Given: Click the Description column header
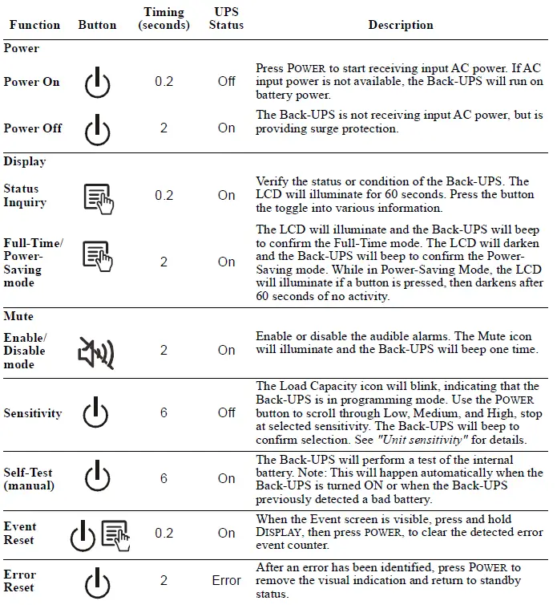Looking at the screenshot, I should (401, 25).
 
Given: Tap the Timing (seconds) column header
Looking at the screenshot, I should (163, 18).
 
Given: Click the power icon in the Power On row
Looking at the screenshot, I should (97, 82).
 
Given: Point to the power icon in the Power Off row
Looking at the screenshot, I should (97, 128).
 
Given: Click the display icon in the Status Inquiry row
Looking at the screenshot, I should (98, 196).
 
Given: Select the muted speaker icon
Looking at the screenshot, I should (96, 351).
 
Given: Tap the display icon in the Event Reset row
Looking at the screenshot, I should (115, 534).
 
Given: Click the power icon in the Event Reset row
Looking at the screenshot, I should (83, 535).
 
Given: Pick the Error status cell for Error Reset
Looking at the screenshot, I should (227, 581).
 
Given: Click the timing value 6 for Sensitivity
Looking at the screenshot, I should (163, 413).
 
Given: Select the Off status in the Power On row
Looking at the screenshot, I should (227, 82).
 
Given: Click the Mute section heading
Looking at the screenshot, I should (18, 317).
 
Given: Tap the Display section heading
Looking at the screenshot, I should (25, 161).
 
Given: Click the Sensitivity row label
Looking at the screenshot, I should (32, 413).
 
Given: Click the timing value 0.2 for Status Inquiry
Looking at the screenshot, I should (163, 196).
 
